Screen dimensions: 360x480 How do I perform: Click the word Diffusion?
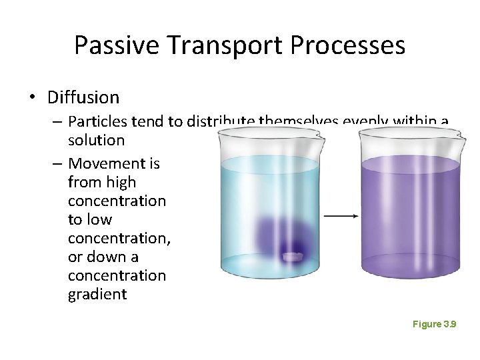coord(83,97)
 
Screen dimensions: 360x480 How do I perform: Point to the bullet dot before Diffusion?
coord(33,98)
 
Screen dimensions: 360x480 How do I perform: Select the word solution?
coord(96,140)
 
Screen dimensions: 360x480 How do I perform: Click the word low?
coord(99,219)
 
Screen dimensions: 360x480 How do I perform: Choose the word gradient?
coord(97,294)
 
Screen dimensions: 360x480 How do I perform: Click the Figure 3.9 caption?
coord(434,324)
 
